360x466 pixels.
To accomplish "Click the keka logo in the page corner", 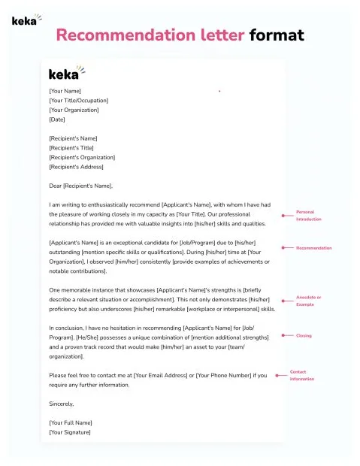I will (x=26, y=20).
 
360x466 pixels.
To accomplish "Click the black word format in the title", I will (x=277, y=35).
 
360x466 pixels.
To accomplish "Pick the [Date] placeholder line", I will (x=57, y=120).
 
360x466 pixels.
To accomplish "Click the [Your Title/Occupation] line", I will (x=78, y=101).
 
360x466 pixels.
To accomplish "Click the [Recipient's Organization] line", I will (x=82, y=157).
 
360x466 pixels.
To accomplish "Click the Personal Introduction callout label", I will (x=308, y=216).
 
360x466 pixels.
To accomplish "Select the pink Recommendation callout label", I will (x=313, y=247).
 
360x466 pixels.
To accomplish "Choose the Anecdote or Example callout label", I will (x=308, y=301).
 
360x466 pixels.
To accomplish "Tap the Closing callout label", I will (x=304, y=335).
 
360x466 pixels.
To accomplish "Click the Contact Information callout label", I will (x=301, y=375).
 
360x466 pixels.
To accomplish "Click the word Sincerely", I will (x=62, y=404).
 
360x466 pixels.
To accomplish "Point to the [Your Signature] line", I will (x=70, y=432).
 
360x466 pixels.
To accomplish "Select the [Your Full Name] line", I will (x=71, y=422).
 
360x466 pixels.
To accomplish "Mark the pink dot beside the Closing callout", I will (x=282, y=335).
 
